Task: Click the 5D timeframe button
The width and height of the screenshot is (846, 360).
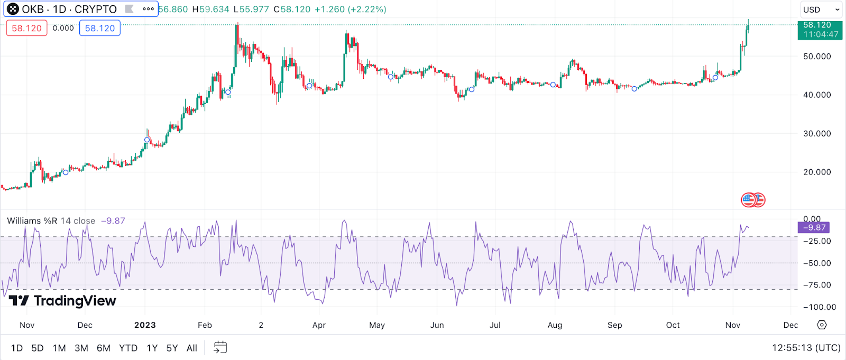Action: (x=37, y=348)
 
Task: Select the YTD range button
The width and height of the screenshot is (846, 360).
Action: (x=128, y=348)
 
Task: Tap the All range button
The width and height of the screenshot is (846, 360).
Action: (x=191, y=348)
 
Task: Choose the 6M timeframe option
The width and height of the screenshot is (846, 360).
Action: (x=104, y=348)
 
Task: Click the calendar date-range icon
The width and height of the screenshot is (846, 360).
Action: (x=220, y=347)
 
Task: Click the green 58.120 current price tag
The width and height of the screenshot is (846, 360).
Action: (x=820, y=30)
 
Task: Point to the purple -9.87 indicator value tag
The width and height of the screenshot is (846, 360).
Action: (x=814, y=228)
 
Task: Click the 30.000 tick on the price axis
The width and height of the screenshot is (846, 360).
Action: (x=817, y=134)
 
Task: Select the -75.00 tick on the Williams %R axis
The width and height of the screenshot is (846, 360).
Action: (x=817, y=285)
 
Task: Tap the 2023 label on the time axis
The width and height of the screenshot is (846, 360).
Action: (x=145, y=325)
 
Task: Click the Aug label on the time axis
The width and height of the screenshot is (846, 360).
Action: (x=555, y=325)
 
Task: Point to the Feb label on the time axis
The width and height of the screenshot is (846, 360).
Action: (x=205, y=325)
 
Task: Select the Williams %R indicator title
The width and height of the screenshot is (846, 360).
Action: (x=32, y=221)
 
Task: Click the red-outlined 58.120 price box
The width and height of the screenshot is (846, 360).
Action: (x=26, y=28)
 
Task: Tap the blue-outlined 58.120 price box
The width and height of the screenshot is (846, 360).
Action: (x=100, y=28)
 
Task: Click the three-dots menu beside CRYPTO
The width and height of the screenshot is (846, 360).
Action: (x=149, y=9)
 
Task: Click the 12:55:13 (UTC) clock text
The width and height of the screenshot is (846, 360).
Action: (x=806, y=348)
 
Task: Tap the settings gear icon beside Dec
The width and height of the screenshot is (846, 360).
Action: (x=822, y=325)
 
